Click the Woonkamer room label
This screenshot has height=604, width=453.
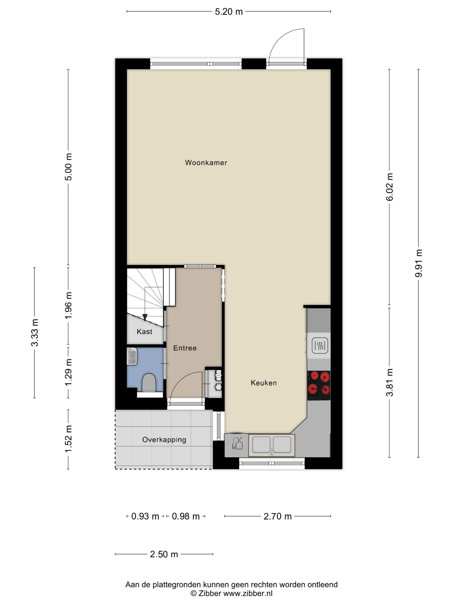[206, 163]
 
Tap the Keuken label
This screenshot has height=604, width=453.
[264, 383]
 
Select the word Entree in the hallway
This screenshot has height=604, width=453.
[185, 348]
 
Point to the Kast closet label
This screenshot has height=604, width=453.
[145, 332]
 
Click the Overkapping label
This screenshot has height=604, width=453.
[164, 440]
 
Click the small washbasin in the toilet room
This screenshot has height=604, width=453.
[132, 356]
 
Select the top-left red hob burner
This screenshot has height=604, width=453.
[314, 376]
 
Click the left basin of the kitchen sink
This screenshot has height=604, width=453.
[261, 445]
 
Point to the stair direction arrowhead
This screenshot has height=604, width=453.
[145, 317]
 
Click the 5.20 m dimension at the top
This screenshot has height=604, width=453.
[228, 12]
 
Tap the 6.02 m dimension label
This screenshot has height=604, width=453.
[389, 187]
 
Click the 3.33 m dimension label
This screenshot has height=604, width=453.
[35, 333]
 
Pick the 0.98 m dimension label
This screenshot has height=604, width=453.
[186, 516]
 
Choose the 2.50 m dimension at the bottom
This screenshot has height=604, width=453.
[164, 554]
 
